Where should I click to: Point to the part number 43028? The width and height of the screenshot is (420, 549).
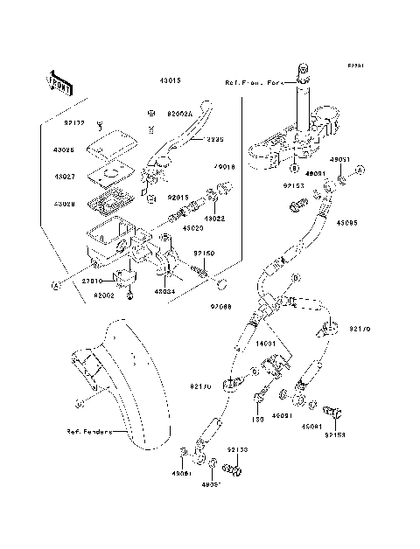click(65, 204)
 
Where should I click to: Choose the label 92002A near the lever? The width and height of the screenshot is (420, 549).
click(179, 113)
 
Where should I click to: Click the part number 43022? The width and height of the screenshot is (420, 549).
click(215, 218)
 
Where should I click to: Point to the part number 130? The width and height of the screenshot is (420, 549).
click(260, 418)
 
